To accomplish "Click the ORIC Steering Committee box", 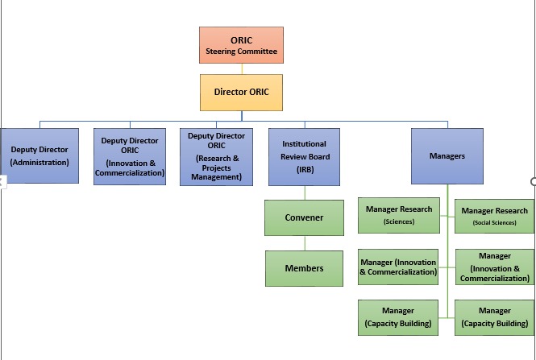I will pyautogui.click(x=241, y=45).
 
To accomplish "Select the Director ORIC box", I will pyautogui.click(x=241, y=92).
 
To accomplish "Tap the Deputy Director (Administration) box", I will pyautogui.click(x=39, y=156).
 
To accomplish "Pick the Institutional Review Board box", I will pyautogui.click(x=304, y=156).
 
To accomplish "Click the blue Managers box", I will pyautogui.click(x=447, y=156).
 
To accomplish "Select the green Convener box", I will pyautogui.click(x=304, y=217).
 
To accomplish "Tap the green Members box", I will pyautogui.click(x=304, y=268).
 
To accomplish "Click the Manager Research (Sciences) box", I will pyautogui.click(x=398, y=214).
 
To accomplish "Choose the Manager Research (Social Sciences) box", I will pyautogui.click(x=494, y=216).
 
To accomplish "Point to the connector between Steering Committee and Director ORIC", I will pyautogui.click(x=241, y=68).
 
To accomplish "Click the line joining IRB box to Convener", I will pyautogui.click(x=304, y=192).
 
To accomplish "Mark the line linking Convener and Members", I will pyautogui.click(x=304, y=242).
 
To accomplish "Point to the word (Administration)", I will pyautogui.click(x=39, y=162).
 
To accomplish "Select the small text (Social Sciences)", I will pyautogui.click(x=494, y=222).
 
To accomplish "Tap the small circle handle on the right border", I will pyautogui.click(x=533, y=181).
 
